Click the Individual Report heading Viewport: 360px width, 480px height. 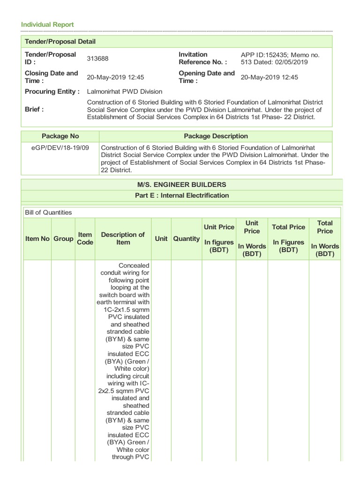click(46, 24)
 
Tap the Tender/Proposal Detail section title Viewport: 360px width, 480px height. click(60, 42)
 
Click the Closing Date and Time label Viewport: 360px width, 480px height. click(51, 77)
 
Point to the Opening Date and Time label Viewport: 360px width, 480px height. click(207, 77)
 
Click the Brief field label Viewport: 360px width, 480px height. click(34, 109)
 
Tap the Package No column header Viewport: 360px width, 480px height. click(60, 136)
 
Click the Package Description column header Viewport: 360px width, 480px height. click(216, 136)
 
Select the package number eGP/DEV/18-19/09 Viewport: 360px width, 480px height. click(60, 147)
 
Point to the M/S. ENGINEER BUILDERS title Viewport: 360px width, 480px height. click(182, 184)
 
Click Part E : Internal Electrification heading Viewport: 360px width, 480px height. click(182, 195)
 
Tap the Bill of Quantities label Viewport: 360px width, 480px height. click(48, 212)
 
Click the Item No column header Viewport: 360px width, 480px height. click(37, 239)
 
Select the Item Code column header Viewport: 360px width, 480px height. click(85, 239)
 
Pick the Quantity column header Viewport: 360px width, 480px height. click(186, 239)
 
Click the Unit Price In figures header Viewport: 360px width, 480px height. click(219, 239)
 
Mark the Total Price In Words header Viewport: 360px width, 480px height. click(324, 239)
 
